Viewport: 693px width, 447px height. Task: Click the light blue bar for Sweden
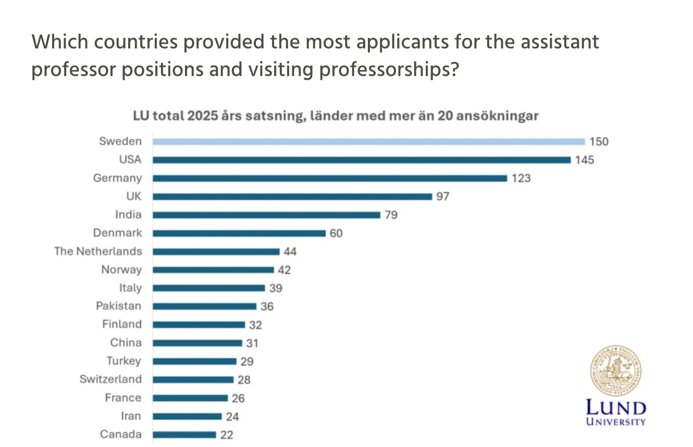(368, 141)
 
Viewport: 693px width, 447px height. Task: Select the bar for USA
(362, 159)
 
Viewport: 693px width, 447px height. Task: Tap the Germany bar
(330, 178)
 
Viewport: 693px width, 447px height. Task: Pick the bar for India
(266, 215)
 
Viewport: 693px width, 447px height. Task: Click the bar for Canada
(184, 434)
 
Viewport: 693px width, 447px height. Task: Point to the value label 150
(599, 142)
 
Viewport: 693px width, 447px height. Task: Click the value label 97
(443, 196)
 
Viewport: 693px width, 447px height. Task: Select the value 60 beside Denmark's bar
(336, 233)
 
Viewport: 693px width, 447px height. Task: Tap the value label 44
(290, 251)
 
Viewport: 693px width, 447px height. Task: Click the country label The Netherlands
(98, 251)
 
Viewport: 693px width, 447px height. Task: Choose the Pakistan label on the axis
(118, 306)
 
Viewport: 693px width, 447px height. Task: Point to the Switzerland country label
(110, 379)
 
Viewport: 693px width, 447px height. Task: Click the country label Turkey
(124, 361)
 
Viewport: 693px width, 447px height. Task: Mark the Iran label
(130, 416)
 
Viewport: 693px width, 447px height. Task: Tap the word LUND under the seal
(616, 408)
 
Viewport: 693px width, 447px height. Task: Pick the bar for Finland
(199, 325)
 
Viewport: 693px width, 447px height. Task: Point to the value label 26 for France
(239, 398)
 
